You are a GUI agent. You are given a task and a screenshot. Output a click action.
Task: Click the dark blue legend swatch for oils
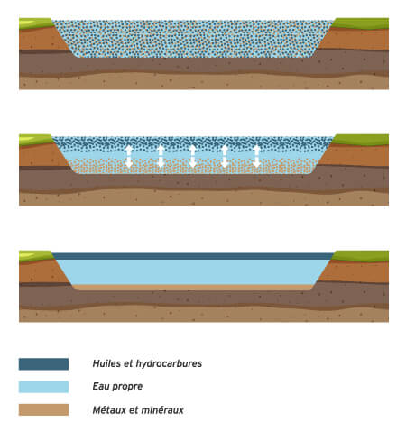(43, 364)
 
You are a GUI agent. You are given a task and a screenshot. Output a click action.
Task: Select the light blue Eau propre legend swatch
(43, 387)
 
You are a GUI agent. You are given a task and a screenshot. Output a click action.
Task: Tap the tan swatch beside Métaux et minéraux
(43, 409)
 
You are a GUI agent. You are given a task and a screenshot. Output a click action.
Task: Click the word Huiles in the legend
(108, 364)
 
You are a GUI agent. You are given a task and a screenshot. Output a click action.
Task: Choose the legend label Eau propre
(118, 387)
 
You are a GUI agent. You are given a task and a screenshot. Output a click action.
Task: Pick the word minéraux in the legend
(165, 409)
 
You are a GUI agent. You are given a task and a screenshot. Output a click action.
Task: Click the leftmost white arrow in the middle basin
(129, 156)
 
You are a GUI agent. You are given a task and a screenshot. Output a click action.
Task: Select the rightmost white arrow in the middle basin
(257, 156)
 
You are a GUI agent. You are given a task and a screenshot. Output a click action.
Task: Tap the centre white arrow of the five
(193, 156)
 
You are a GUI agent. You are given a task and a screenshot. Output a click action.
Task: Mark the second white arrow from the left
(161, 156)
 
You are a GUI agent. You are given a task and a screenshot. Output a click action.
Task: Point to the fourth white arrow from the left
(225, 156)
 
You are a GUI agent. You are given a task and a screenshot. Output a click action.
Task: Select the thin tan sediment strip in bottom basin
(194, 287)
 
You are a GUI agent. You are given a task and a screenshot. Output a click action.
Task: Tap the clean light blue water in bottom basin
(194, 271)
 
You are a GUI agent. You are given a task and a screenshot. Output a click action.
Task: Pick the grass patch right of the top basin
(361, 22)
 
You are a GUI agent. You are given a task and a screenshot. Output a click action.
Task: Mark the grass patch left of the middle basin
(36, 139)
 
